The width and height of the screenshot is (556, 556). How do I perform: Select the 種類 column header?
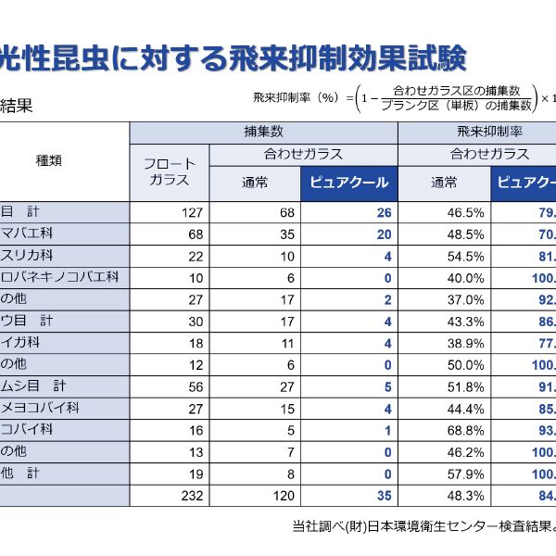coord(48,160)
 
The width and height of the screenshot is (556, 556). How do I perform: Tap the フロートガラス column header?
coord(169,172)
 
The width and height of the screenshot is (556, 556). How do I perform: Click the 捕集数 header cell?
coord(263,132)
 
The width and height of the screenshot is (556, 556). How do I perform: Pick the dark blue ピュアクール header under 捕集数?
coord(348,183)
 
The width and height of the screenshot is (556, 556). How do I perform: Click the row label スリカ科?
coord(27,255)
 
